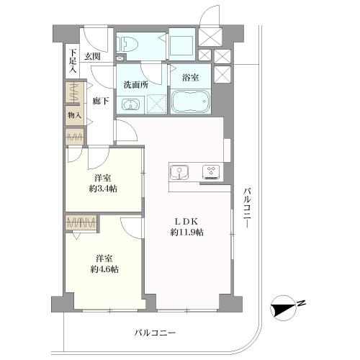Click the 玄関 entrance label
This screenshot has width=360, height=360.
(91, 57)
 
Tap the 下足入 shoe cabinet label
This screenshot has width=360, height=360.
(72, 57)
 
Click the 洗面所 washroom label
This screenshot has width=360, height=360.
(135, 84)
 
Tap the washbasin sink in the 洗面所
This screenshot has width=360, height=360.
(130, 106)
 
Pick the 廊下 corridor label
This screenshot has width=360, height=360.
(101, 102)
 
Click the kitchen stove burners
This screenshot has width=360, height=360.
(212, 171)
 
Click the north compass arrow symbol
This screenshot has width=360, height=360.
(283, 308)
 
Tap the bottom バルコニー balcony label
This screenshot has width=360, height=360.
(155, 333)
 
